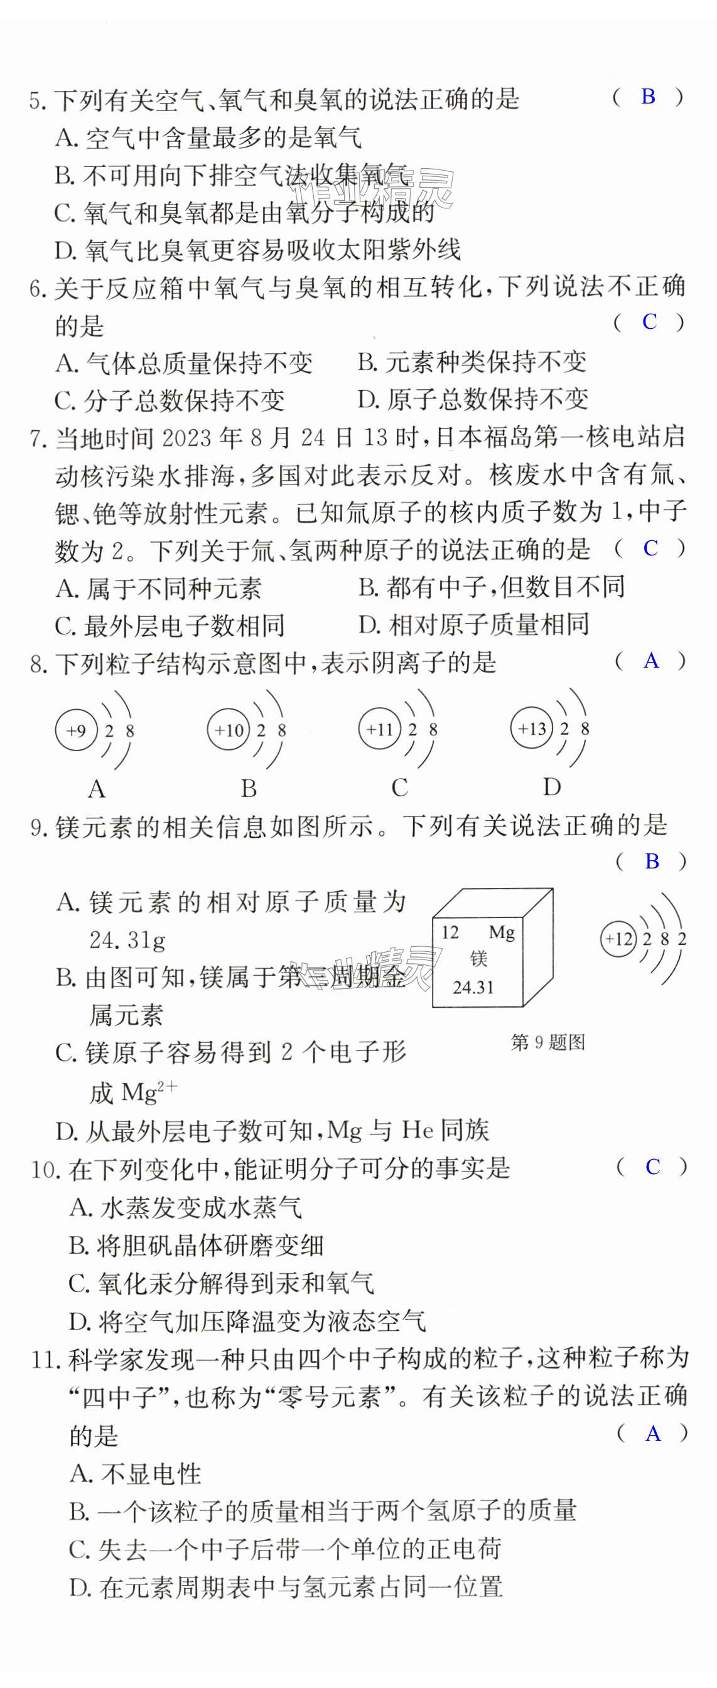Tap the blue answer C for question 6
(649, 322)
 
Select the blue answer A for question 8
(650, 661)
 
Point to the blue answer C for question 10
(652, 1167)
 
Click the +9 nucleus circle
(76, 730)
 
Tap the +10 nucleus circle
(228, 730)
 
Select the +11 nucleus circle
(379, 729)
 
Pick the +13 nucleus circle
(532, 728)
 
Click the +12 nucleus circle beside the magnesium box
(618, 939)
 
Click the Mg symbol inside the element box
(502, 932)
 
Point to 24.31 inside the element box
(473, 987)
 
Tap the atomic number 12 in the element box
(450, 932)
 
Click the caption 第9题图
(547, 1042)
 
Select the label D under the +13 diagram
(552, 787)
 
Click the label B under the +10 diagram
(249, 788)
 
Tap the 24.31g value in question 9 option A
(127, 941)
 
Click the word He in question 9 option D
(417, 1130)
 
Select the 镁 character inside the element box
(478, 959)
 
